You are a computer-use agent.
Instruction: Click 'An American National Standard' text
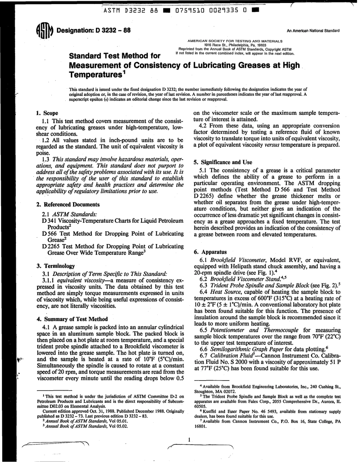313,31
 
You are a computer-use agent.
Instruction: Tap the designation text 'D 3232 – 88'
110,30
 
